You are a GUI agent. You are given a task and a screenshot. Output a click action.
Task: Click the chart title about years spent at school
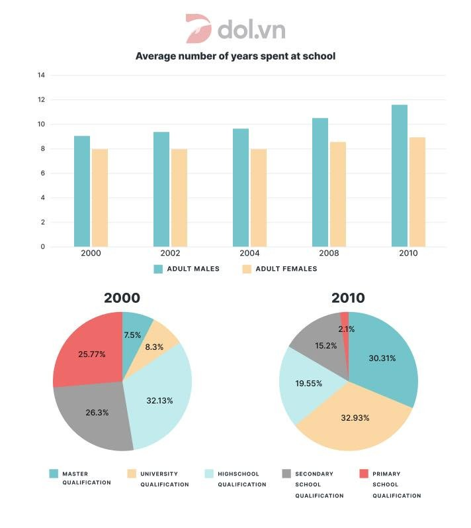click(235, 56)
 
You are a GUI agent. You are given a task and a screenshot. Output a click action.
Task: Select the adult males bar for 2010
click(399, 176)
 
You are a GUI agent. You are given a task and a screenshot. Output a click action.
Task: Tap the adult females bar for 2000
click(100, 197)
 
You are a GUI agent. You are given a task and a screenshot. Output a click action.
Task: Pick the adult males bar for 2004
click(241, 187)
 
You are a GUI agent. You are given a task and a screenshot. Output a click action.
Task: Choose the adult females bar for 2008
click(337, 194)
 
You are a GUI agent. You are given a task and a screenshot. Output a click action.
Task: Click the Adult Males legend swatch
click(158, 269)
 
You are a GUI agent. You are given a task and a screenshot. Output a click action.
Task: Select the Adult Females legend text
click(288, 269)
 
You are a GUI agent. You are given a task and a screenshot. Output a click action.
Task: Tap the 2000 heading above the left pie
click(122, 298)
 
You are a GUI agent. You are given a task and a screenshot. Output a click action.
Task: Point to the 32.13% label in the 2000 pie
click(159, 400)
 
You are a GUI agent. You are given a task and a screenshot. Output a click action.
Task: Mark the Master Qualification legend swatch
click(53, 474)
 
